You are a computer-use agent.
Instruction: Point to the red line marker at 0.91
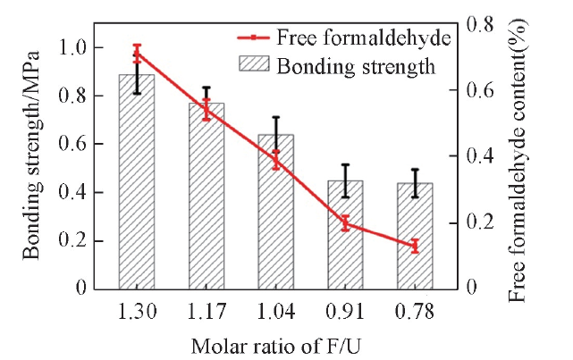click(345, 223)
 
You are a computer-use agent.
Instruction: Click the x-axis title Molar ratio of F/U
click(275, 343)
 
